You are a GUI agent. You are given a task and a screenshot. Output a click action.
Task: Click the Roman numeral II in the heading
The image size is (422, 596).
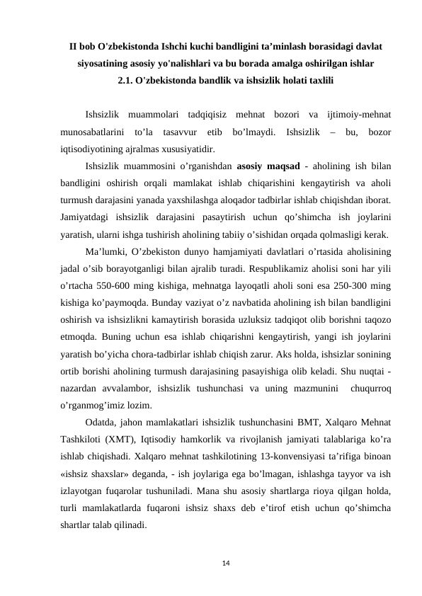[x=74, y=47]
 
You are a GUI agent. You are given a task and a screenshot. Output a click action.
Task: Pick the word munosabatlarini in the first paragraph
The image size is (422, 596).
[x=92, y=132]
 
